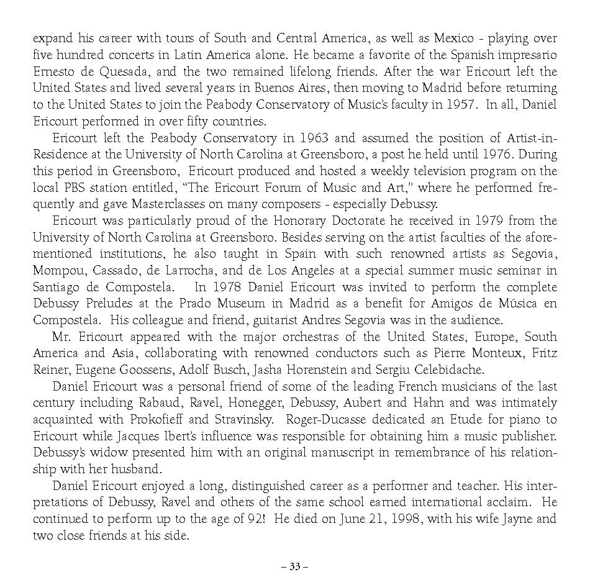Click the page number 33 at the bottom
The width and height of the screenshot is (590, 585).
click(x=294, y=566)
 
